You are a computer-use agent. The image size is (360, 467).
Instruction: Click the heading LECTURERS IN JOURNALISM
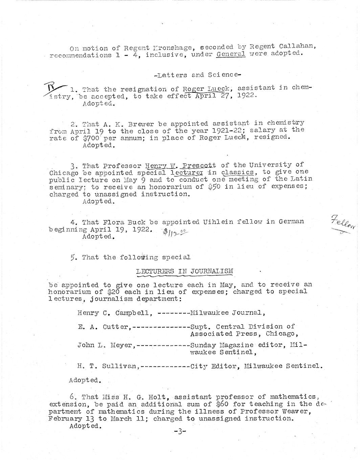(x=184, y=271)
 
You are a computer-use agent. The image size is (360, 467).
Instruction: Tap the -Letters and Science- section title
(x=197, y=75)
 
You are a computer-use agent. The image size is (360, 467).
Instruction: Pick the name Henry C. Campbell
(x=113, y=313)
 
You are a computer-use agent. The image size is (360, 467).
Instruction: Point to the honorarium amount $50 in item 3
(x=214, y=187)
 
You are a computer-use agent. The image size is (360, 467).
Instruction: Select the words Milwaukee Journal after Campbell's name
(x=226, y=313)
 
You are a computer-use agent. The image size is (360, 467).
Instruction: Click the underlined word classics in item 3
(x=237, y=172)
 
